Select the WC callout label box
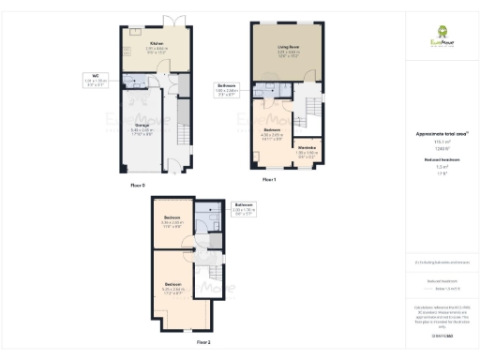pos(96,80)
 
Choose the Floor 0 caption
pos(139,186)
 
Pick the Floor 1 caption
pos(269,179)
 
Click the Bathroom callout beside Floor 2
pos(244,207)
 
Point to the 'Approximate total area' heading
pos(441,134)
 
